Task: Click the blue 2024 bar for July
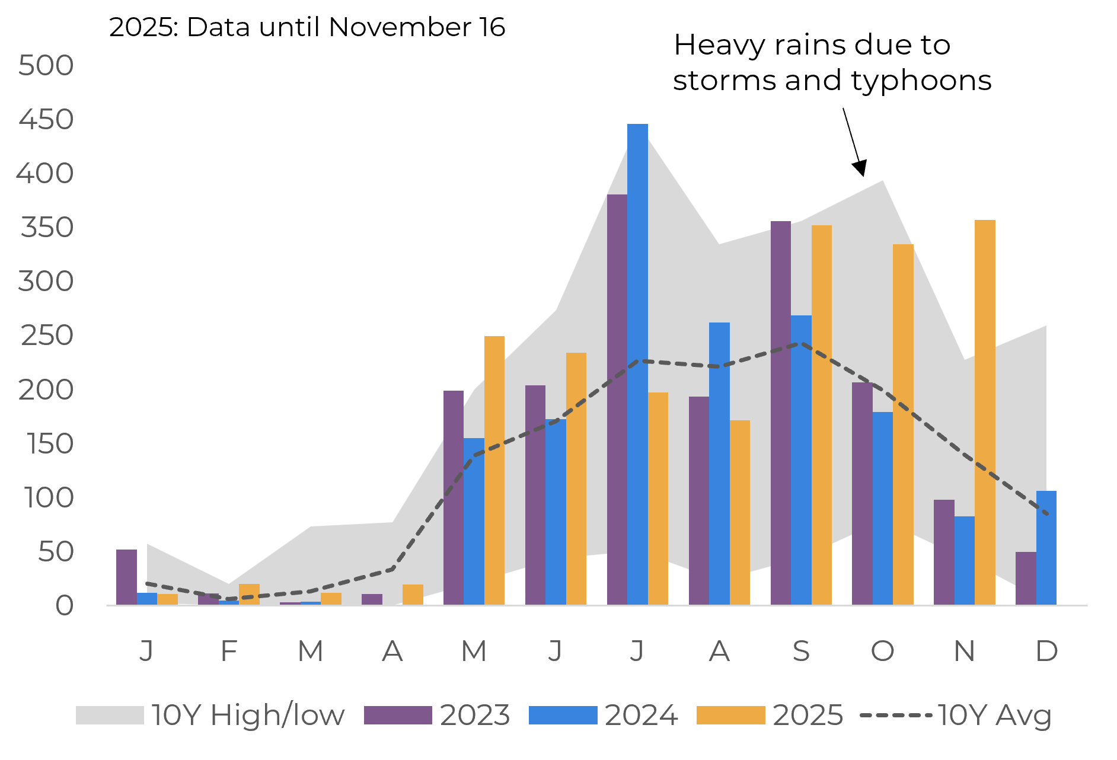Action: point(637,364)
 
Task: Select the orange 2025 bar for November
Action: point(985,412)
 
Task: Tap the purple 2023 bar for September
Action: point(780,413)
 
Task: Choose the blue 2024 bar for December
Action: point(1046,548)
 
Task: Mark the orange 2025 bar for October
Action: point(903,424)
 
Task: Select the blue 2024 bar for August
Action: point(719,464)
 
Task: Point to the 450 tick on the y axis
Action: point(46,120)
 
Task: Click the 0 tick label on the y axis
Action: point(64,606)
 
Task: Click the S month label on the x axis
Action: point(801,652)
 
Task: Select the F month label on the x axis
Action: point(229,652)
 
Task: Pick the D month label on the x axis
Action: point(1046,652)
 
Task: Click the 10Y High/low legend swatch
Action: point(110,715)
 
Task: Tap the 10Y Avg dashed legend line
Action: point(895,715)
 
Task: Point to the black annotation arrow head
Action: point(860,168)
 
